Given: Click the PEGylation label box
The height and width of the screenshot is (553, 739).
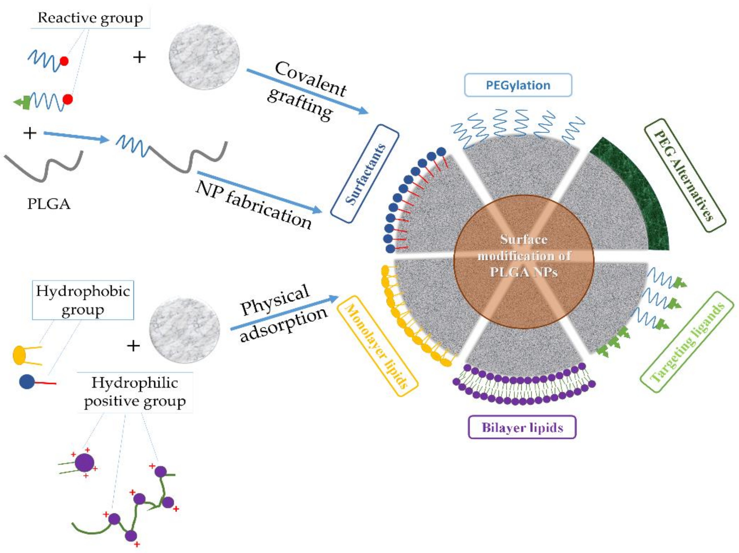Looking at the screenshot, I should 518,85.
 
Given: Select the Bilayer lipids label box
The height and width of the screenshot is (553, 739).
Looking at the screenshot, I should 522,427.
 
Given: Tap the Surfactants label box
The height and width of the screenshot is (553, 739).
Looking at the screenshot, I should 365,174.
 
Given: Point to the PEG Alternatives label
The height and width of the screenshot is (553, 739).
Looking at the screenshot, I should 685,175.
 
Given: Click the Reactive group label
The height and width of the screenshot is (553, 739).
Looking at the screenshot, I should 90,18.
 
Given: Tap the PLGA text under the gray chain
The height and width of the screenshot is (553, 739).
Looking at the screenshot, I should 49,204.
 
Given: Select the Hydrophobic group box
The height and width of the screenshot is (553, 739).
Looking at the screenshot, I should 83,300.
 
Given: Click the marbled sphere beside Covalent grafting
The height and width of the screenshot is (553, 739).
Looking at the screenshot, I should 204,57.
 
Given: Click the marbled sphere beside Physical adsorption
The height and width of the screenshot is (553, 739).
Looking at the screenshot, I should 184,330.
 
